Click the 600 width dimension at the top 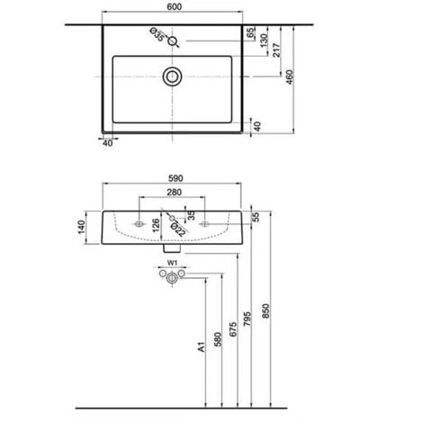coord(174,6)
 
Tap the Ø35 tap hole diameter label coord(157,34)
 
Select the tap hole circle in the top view coord(172,40)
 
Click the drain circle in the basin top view coord(172,76)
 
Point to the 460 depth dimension coord(290,77)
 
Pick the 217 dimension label coord(276,50)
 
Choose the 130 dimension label coord(264,40)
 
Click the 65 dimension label coord(251,32)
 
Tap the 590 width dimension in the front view coord(175,178)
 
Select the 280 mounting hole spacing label coord(174,192)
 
